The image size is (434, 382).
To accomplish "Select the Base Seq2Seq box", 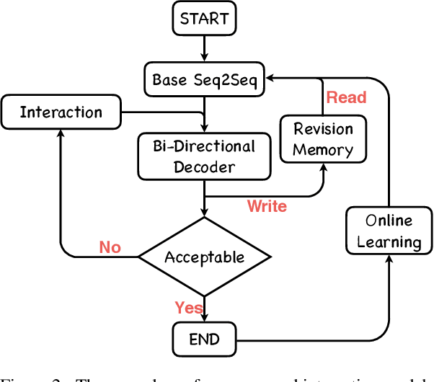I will (205, 79).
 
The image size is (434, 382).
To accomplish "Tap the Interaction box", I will (61, 112).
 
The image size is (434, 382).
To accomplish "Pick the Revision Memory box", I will (323, 139).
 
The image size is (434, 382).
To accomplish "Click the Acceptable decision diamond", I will (205, 257).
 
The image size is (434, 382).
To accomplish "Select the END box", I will (205, 338).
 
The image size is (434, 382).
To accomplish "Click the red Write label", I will (267, 207).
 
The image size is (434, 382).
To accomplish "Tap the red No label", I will (110, 247).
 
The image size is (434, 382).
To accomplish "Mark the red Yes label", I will (189, 308).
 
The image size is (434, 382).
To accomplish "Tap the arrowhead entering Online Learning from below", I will (389, 258).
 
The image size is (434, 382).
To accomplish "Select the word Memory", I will (323, 150).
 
